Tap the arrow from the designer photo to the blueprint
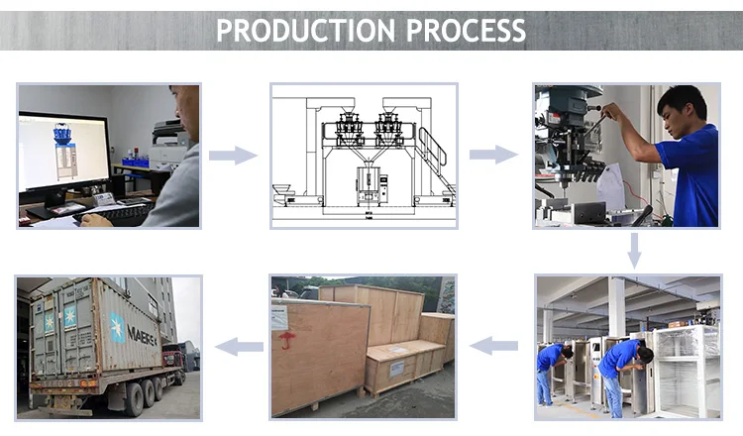(x=233, y=156)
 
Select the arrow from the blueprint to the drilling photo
(x=492, y=155)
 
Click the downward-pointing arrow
(x=634, y=251)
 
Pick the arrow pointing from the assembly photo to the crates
(x=492, y=346)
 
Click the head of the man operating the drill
(x=682, y=104)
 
